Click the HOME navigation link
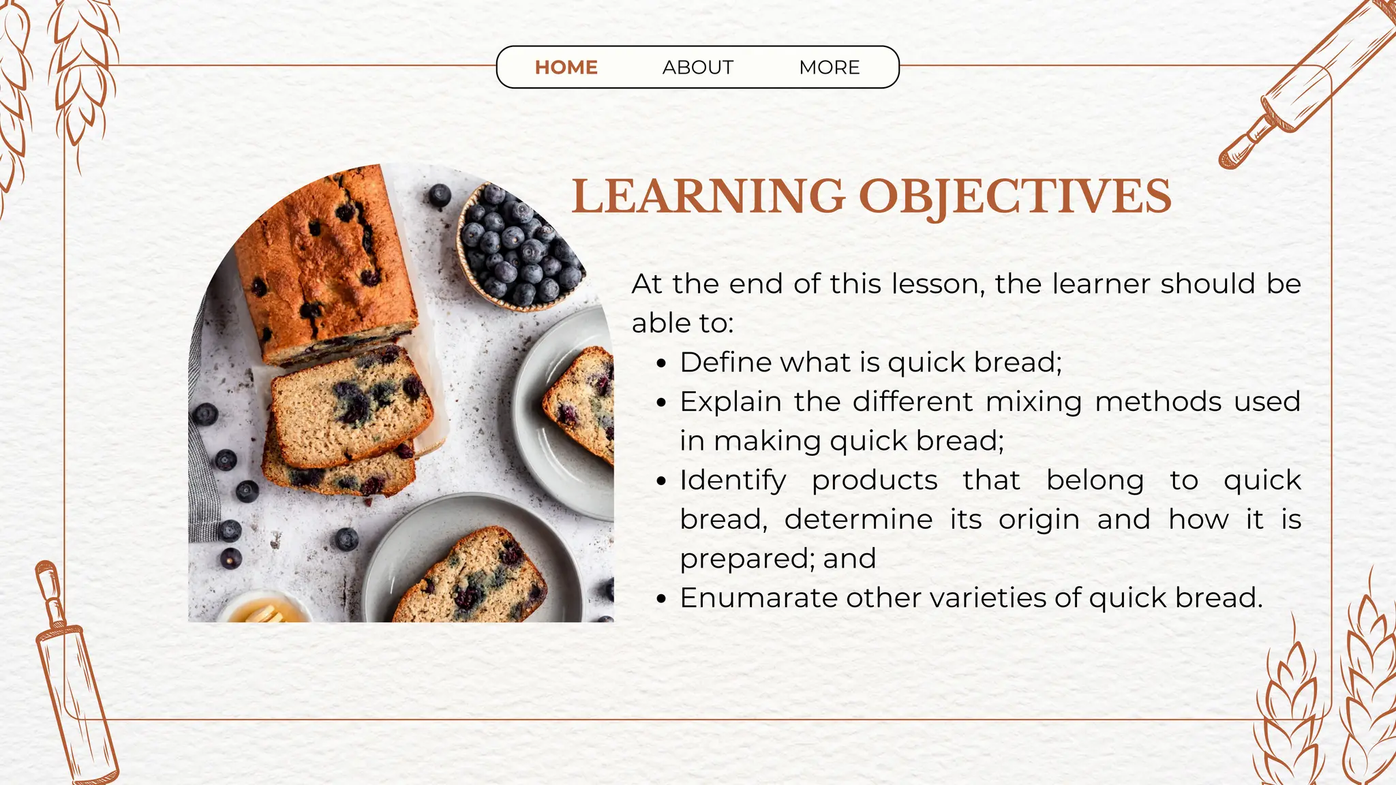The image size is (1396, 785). pyautogui.click(x=566, y=67)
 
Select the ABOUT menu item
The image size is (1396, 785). pyautogui.click(x=697, y=67)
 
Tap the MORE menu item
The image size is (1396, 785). pyautogui.click(x=829, y=67)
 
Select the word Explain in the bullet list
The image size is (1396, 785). pyautogui.click(x=730, y=402)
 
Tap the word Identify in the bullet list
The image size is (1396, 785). pyautogui.click(x=733, y=481)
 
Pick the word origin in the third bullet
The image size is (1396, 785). pyautogui.click(x=1039, y=520)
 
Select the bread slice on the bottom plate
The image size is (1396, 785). pyautogui.click(x=470, y=576)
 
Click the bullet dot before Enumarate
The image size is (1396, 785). pyautogui.click(x=661, y=600)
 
